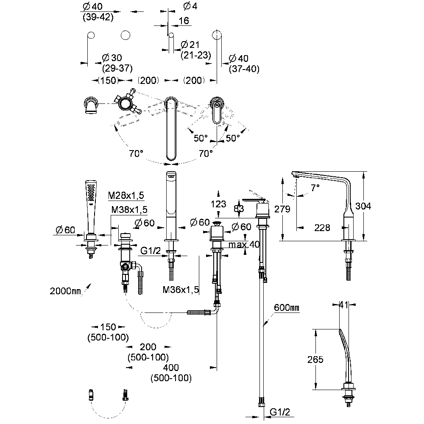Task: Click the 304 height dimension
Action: tap(363, 206)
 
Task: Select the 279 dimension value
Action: tap(282, 209)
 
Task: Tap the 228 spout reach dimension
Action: tap(322, 228)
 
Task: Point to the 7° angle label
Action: tap(315, 187)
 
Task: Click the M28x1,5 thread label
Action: tap(126, 195)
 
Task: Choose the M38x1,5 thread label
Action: tap(129, 209)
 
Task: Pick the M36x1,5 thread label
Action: tap(181, 290)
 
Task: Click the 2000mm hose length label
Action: tap(65, 291)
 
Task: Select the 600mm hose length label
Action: tap(287, 307)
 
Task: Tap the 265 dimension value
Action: tap(315, 360)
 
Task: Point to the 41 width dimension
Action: tap(343, 305)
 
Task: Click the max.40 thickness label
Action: tap(244, 245)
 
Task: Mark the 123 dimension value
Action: tap(218, 204)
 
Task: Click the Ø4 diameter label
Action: tap(190, 6)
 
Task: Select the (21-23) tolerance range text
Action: tap(196, 55)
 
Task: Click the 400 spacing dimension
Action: tap(171, 368)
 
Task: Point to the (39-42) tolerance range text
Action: tap(98, 17)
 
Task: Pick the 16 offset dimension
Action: tap(184, 20)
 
